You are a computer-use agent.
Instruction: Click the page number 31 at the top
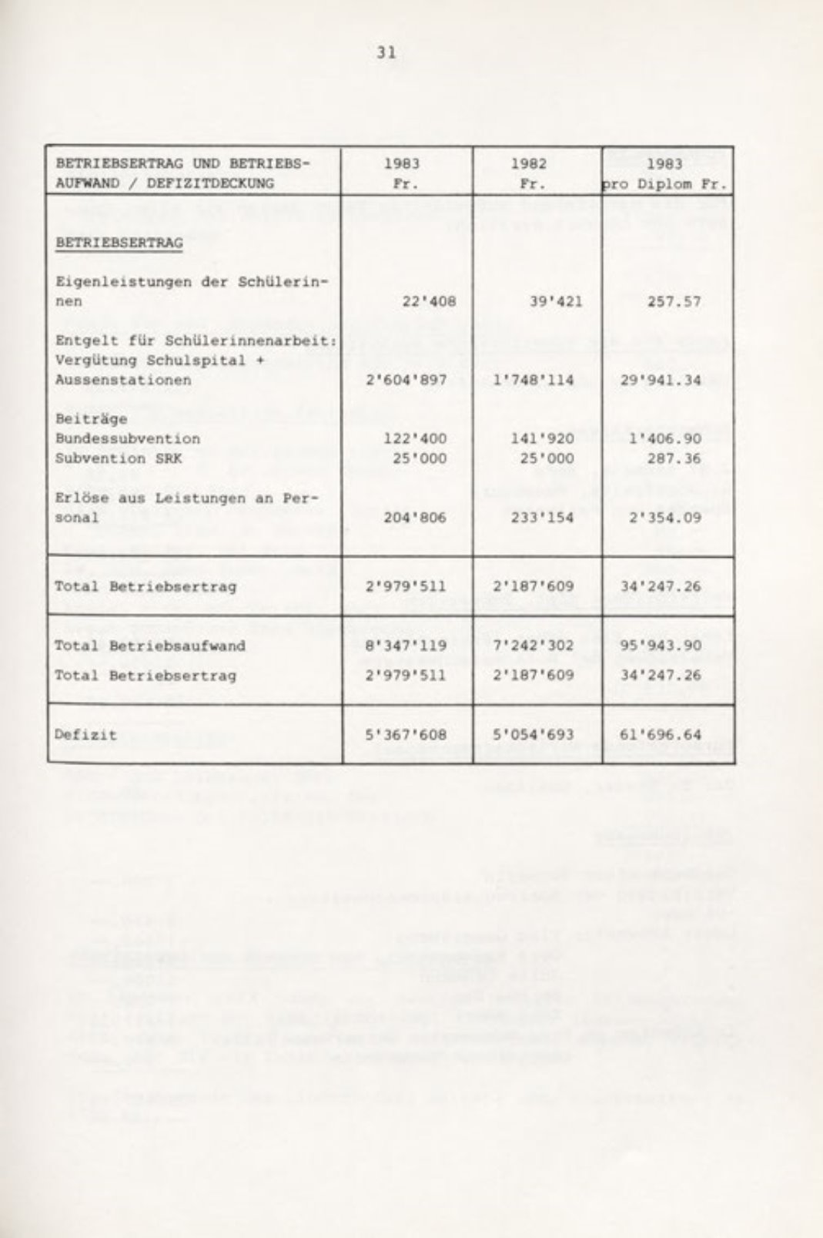click(386, 52)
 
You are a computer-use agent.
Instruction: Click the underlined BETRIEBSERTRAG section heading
click(119, 243)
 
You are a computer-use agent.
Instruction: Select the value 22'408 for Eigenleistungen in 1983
click(429, 301)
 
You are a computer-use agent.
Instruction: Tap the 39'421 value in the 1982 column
click(556, 301)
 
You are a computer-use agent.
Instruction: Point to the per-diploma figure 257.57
click(674, 301)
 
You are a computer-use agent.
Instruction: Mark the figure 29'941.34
click(661, 380)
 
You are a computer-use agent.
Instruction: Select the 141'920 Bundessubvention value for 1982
click(547, 438)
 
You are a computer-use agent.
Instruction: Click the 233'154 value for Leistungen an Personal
click(547, 517)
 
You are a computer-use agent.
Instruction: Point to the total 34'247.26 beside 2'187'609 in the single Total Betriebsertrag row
click(661, 586)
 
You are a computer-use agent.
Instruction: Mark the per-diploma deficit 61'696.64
click(661, 734)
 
